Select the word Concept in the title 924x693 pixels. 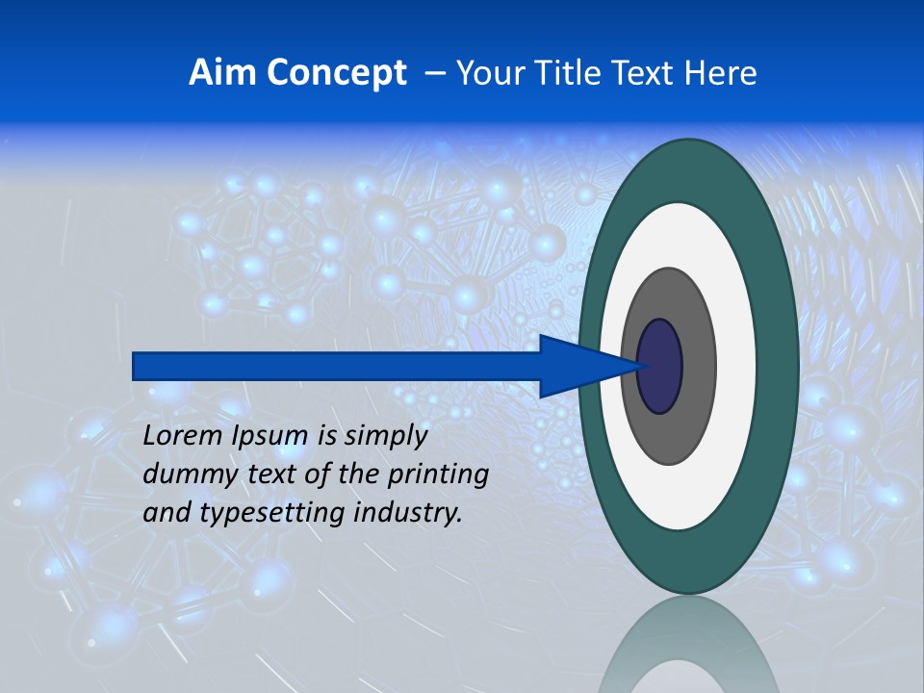tap(337, 73)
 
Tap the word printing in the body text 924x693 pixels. tap(437, 475)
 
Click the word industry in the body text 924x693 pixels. tap(408, 513)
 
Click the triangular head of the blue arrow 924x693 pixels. tap(587, 366)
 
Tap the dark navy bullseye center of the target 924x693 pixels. tap(660, 366)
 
